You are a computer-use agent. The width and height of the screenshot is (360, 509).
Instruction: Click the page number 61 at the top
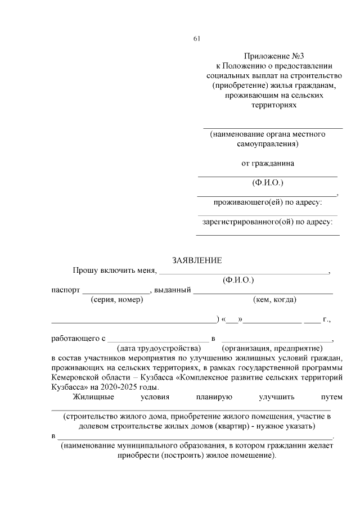point(196,38)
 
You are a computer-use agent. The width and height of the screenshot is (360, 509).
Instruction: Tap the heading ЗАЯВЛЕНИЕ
point(197,260)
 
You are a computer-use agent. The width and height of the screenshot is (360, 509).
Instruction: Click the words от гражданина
point(267,164)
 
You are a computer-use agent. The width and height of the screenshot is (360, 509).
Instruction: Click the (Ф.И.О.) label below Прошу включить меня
point(238,279)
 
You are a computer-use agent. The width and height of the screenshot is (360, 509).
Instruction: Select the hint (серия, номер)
point(116,300)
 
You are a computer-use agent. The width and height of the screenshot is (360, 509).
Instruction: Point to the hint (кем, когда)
point(275,300)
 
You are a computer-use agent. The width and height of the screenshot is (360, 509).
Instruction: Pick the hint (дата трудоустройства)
point(159,348)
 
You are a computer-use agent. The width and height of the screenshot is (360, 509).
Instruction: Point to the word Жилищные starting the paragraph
point(93,398)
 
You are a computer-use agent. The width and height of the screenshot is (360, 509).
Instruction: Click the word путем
point(331,398)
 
